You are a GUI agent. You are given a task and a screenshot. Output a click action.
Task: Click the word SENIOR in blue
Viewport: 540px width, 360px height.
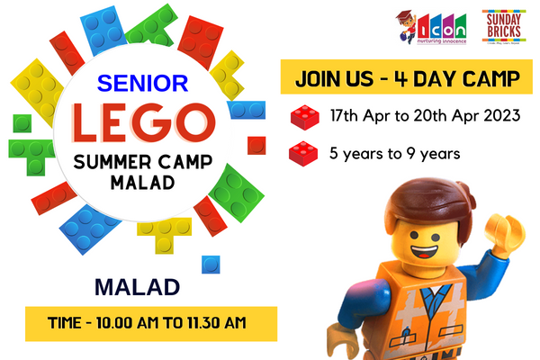tap(142, 84)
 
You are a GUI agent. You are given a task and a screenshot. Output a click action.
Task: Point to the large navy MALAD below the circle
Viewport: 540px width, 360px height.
tap(137, 288)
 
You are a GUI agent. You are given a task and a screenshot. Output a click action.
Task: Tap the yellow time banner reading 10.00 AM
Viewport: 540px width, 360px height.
tap(138, 321)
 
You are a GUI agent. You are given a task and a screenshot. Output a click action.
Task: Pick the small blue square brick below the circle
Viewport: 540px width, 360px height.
tap(211, 265)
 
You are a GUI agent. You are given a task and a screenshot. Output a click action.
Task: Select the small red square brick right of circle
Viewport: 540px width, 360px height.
tap(256, 144)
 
